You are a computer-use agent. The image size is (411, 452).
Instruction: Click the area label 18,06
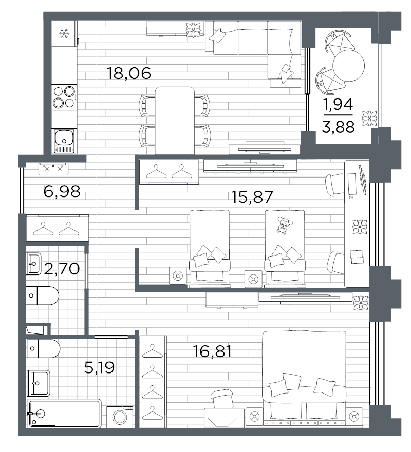point(129,73)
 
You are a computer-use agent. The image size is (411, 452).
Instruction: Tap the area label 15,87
point(252,197)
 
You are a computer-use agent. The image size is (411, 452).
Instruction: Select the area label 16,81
point(212,351)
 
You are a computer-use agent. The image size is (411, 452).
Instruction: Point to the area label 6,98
point(62,191)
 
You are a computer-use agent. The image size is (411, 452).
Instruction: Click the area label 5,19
point(100,367)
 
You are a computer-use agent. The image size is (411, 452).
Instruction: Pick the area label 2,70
point(62,269)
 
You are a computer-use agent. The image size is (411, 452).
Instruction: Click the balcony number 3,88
point(338,127)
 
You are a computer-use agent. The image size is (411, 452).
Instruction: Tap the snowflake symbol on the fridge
point(64,33)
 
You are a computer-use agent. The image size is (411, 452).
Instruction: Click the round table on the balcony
point(349,66)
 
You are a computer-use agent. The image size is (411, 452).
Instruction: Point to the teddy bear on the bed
point(284,224)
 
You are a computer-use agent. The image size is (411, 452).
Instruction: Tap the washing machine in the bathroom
point(120,417)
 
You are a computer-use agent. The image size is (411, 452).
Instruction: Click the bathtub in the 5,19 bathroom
point(64,414)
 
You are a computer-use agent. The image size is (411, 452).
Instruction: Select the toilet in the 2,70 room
point(43,296)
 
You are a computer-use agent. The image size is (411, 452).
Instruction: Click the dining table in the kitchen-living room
point(175,121)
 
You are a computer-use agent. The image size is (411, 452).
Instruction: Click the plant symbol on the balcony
point(370,119)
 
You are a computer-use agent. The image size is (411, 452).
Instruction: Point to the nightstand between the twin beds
point(253,279)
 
